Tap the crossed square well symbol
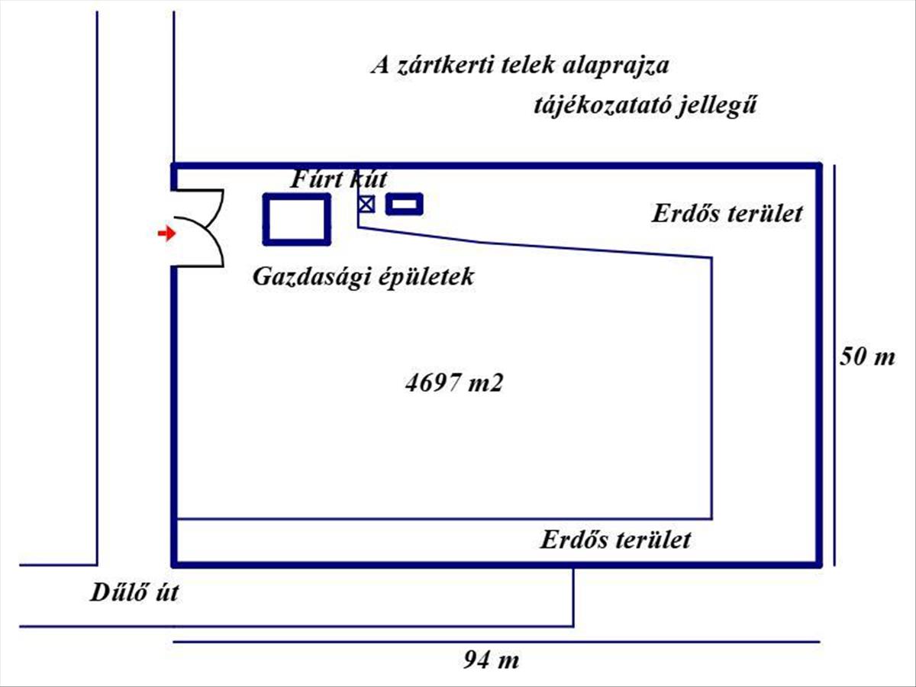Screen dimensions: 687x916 coord(367,204)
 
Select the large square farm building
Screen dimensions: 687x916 coord(297,219)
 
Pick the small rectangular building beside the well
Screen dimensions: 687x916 coord(405,204)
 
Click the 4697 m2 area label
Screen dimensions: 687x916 coord(454,382)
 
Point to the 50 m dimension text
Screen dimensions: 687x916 coord(866,356)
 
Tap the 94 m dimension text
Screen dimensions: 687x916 coord(492,660)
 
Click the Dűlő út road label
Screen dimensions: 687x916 coord(134,592)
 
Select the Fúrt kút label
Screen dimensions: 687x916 coord(339,180)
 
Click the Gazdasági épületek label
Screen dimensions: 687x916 coord(363,276)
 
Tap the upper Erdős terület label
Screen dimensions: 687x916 coord(727,213)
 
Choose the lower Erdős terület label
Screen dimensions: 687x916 coord(615,540)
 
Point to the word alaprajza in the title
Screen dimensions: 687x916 coord(615,66)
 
